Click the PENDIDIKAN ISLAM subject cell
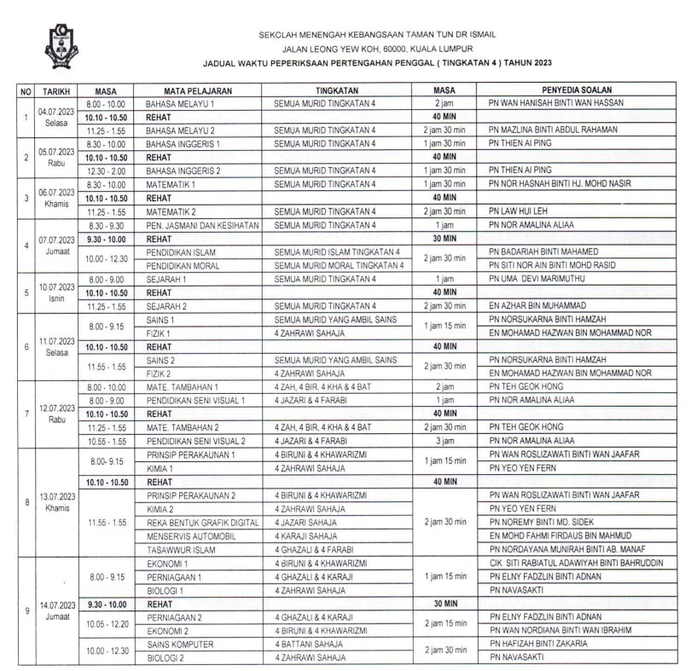click(181, 252)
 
